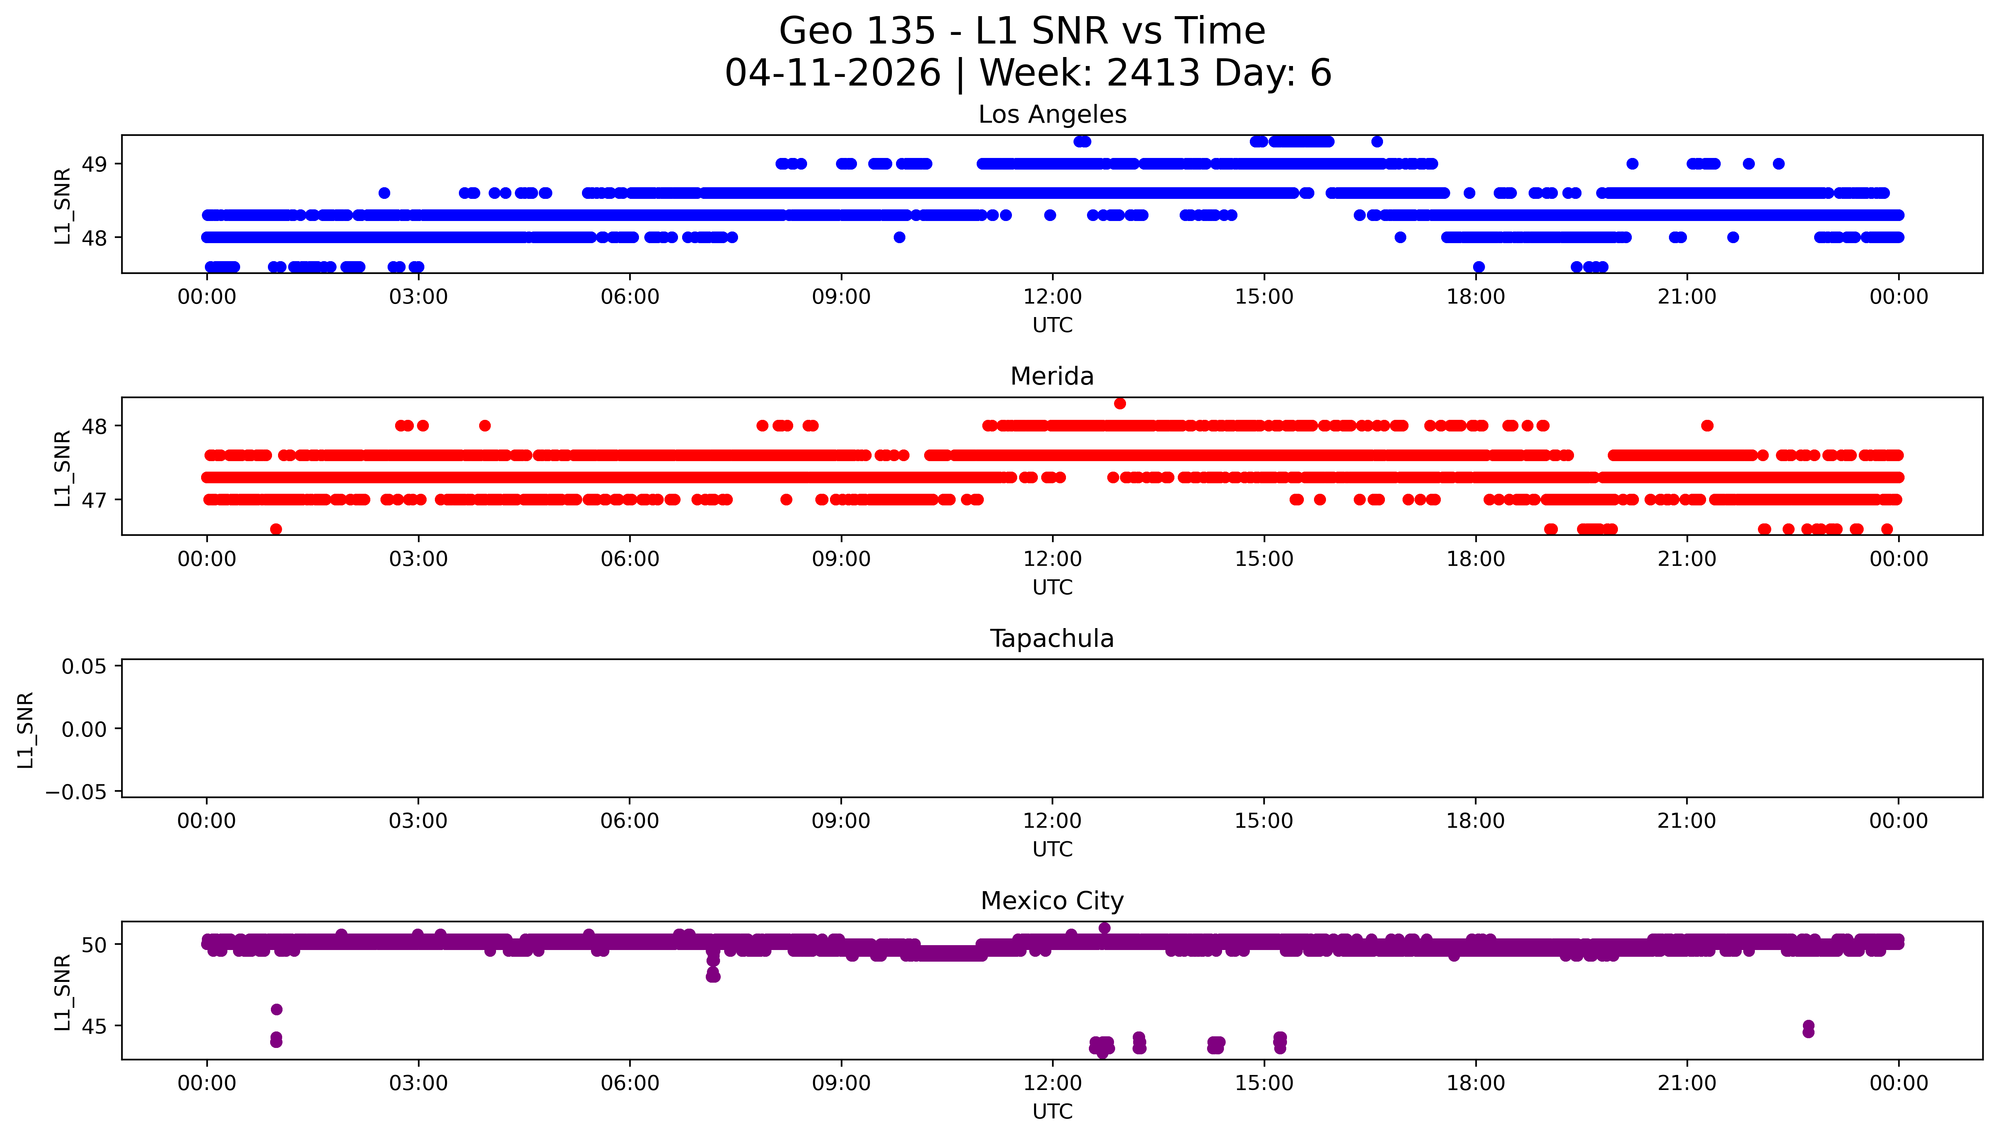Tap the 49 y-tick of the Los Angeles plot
[x=95, y=164]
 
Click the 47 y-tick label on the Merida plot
[x=95, y=500]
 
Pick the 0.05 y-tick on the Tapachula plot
[x=84, y=667]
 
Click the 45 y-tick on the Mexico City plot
[x=95, y=1026]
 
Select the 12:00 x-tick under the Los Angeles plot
[x=1052, y=297]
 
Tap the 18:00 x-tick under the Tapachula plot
[x=1475, y=821]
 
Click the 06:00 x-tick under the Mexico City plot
[x=630, y=1083]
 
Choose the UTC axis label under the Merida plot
[x=1052, y=588]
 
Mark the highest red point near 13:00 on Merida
[x=1120, y=403]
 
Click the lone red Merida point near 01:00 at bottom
[x=276, y=529]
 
